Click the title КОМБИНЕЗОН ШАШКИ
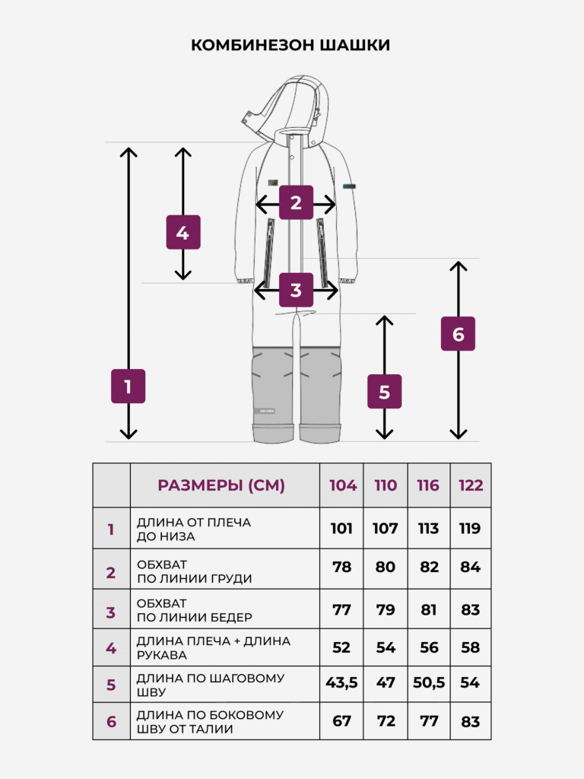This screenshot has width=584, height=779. pyautogui.click(x=290, y=45)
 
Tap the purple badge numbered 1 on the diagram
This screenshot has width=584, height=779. pyautogui.click(x=128, y=386)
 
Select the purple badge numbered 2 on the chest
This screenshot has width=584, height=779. pyautogui.click(x=296, y=202)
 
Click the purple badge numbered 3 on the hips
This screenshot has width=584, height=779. pyautogui.click(x=296, y=290)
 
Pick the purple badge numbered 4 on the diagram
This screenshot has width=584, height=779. pyautogui.click(x=183, y=232)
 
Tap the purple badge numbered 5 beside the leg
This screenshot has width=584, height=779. pyautogui.click(x=384, y=392)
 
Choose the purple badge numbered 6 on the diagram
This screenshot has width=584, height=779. pyautogui.click(x=458, y=333)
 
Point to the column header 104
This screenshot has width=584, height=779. pyautogui.click(x=343, y=485)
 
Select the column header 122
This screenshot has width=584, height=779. pyautogui.click(x=471, y=485)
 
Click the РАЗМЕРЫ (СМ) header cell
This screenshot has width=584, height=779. pyautogui.click(x=225, y=485)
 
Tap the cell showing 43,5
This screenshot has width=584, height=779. pyautogui.click(x=341, y=683)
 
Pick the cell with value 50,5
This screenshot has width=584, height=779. pyautogui.click(x=429, y=683)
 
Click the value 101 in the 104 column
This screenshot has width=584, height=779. pyautogui.click(x=341, y=528)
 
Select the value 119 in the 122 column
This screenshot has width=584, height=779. pyautogui.click(x=470, y=528)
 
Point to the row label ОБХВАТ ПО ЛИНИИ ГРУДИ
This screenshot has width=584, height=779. pyautogui.click(x=194, y=571)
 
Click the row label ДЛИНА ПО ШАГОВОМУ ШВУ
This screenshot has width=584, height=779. pyautogui.click(x=211, y=685)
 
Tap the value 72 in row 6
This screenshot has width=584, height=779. pyautogui.click(x=386, y=721)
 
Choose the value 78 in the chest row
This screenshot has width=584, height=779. pyautogui.click(x=341, y=567)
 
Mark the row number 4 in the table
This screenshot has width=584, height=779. pyautogui.click(x=111, y=648)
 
